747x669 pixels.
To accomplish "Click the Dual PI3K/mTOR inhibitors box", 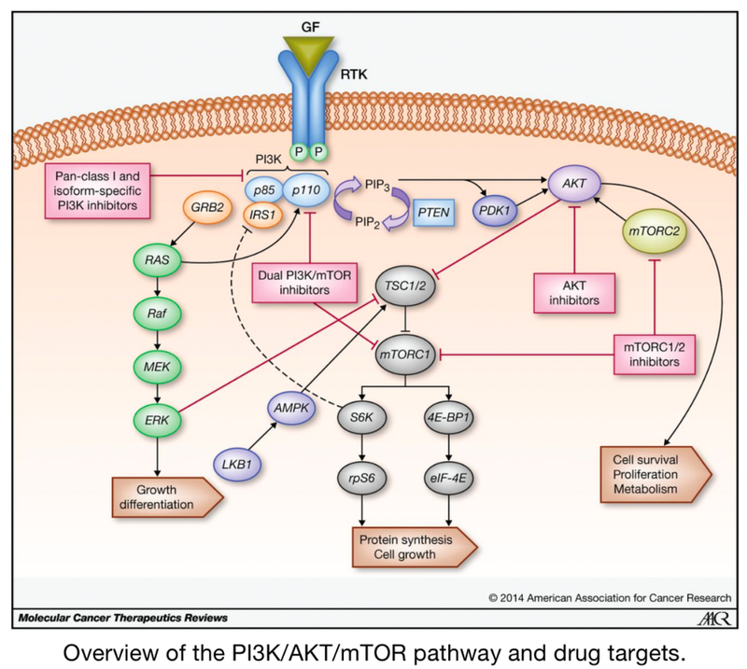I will (x=303, y=284).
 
